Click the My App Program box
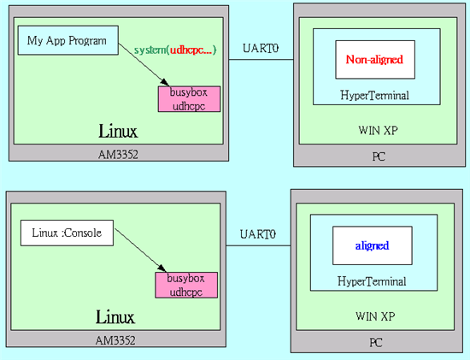click(68, 40)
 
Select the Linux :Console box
click(67, 233)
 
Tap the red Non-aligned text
click(374, 59)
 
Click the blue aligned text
click(372, 245)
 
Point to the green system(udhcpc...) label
click(175, 50)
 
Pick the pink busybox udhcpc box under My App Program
click(189, 99)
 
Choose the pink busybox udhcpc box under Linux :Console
click(186, 285)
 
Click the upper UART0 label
click(261, 48)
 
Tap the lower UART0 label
click(258, 234)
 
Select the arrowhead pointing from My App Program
click(165, 82)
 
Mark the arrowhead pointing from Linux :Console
click(162, 269)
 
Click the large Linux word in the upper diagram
click(118, 132)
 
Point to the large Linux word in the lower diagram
click(115, 317)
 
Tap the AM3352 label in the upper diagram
click(118, 155)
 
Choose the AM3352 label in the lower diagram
click(115, 340)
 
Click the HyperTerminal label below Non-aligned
click(374, 96)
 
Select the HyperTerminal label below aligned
click(372, 281)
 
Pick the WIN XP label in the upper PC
click(378, 130)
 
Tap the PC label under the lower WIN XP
click(376, 342)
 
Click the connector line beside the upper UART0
click(261, 59)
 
